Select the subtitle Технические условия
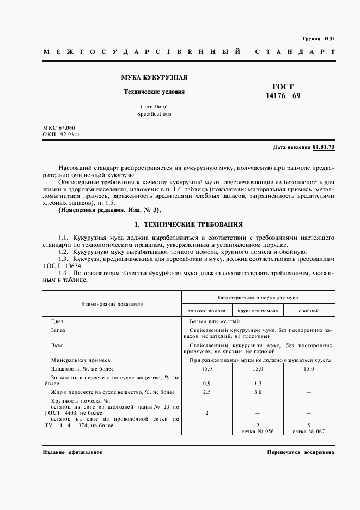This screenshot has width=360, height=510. pyautogui.click(x=154, y=92)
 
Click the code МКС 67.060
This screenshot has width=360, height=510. pyautogui.click(x=60, y=127)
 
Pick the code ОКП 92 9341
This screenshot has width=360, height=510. pyautogui.click(x=60, y=134)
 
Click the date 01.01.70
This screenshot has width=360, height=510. pyautogui.click(x=324, y=147)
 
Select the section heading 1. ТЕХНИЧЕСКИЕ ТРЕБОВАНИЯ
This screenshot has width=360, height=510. pyautogui.click(x=188, y=224)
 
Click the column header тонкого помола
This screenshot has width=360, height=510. pyautogui.click(x=206, y=311)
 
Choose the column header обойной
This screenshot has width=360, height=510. pyautogui.click(x=309, y=311)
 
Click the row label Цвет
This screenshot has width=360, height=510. pyautogui.click(x=57, y=321)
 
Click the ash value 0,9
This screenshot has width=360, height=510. pyautogui.click(x=206, y=384)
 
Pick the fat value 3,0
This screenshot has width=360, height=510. pyautogui.click(x=258, y=392)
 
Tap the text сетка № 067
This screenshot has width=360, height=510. pyautogui.click(x=309, y=432)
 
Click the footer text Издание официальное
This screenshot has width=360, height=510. pyautogui.click(x=72, y=453)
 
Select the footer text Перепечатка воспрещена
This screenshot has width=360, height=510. pyautogui.click(x=301, y=453)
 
